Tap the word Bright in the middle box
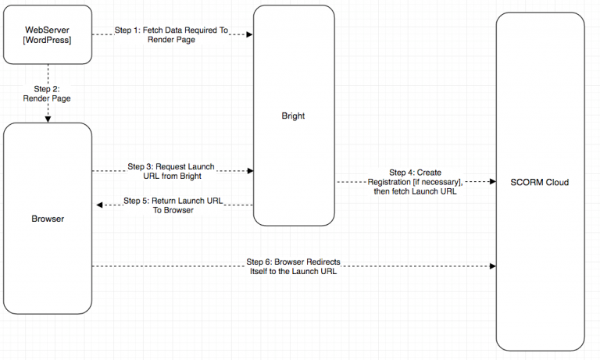click(293, 116)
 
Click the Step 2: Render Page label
click(48, 94)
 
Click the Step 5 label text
click(173, 205)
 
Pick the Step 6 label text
click(293, 266)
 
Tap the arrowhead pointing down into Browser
click(48, 119)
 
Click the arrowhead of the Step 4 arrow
click(492, 181)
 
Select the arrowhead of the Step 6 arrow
click(492, 266)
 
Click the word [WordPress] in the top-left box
click(48, 40)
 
